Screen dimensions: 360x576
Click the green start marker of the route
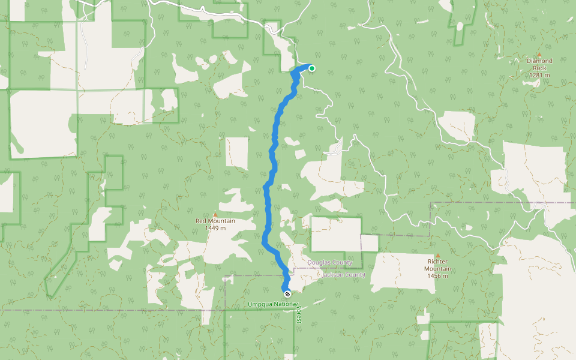click(312, 68)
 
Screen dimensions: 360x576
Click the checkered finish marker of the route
click(287, 293)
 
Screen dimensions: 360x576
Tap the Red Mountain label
click(215, 221)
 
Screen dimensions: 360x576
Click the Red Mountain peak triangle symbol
click(215, 214)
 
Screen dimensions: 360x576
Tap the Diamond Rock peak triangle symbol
click(539, 54)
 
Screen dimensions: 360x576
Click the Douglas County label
click(330, 263)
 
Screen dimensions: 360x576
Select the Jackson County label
click(343, 275)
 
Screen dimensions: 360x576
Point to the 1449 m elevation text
click(215, 228)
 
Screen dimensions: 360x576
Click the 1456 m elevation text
click(439, 276)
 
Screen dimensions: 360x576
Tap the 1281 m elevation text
click(539, 75)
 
